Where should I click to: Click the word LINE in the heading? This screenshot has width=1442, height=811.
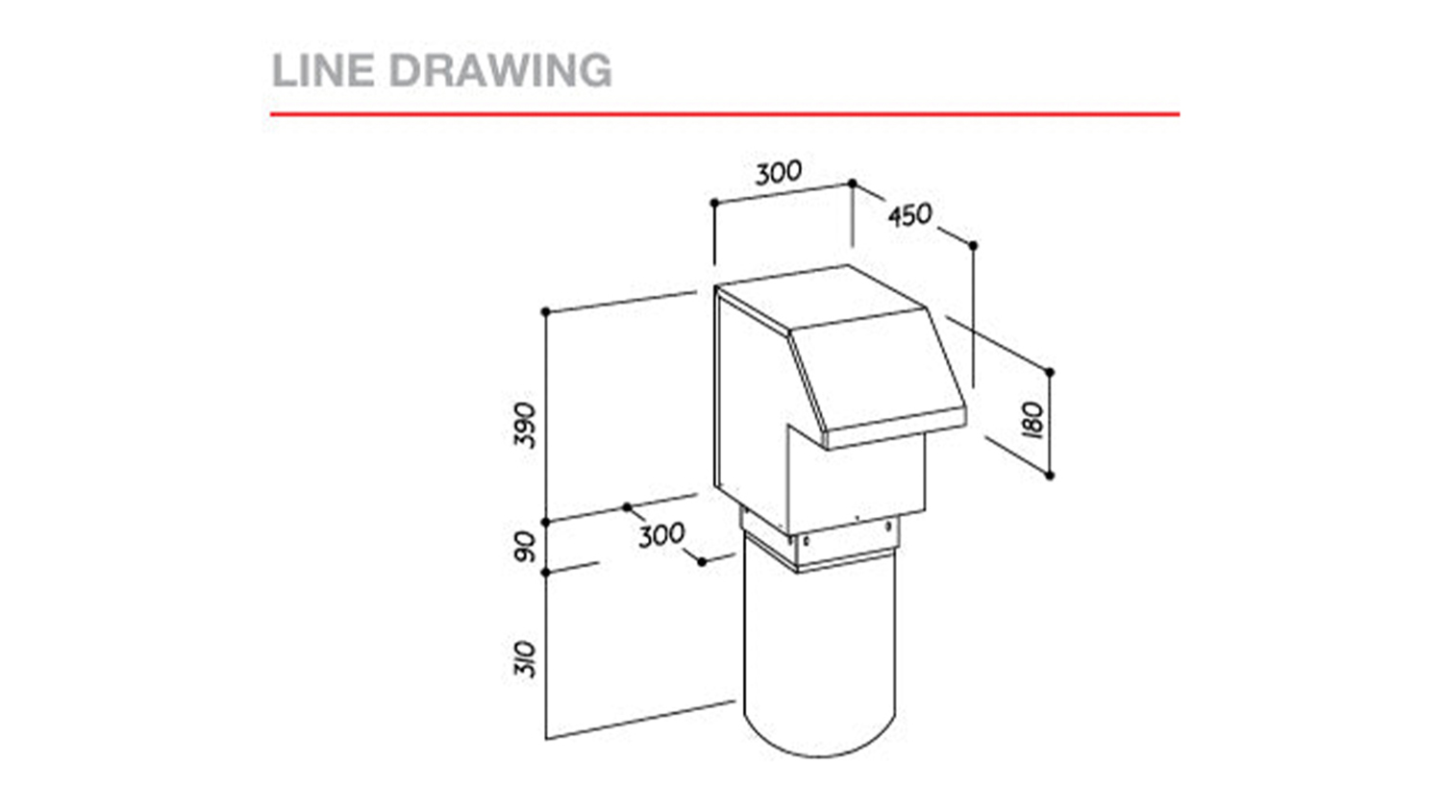[323, 70]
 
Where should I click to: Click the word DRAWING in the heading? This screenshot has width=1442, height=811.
[501, 70]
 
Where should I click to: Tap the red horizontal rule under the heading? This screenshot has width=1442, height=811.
[725, 114]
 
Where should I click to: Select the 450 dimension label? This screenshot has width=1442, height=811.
[909, 215]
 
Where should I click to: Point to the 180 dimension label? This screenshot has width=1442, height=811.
[1032, 419]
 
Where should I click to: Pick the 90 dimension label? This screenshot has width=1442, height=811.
[526, 546]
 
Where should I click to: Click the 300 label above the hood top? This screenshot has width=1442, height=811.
[779, 173]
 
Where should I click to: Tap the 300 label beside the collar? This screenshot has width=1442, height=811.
[661, 535]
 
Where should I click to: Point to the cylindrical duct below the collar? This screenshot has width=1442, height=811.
[819, 656]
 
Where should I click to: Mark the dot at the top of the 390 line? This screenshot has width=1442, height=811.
[546, 312]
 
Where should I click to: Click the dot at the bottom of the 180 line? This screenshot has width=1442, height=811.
[1050, 476]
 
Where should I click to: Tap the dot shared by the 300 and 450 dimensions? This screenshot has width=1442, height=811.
[853, 184]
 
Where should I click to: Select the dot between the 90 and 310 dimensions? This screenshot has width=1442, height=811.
[546, 572]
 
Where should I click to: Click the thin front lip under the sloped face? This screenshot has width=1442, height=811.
[896, 429]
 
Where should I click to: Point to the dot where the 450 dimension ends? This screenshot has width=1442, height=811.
[973, 246]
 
